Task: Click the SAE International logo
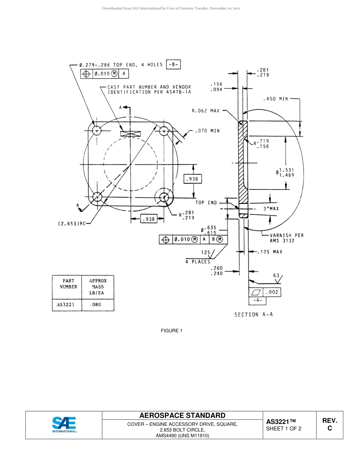pos(64,425)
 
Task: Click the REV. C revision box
pos(329,425)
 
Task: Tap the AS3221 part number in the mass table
pos(67,304)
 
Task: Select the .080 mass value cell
pos(96,304)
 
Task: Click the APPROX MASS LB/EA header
pos(97,287)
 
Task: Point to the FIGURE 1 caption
pos(172,331)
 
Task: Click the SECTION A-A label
pos(254,314)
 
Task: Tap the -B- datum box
pos(174,65)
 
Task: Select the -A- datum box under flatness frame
pos(258,300)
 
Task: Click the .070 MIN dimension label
pos(207,131)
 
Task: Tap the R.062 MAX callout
pos(205,111)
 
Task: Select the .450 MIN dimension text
pos(275,99)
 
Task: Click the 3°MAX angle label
pos(271,209)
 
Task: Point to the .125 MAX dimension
pos(270,252)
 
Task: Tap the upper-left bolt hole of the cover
pos(97,131)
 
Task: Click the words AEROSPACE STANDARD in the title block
pos(182,416)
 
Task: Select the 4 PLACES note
pos(197,262)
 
